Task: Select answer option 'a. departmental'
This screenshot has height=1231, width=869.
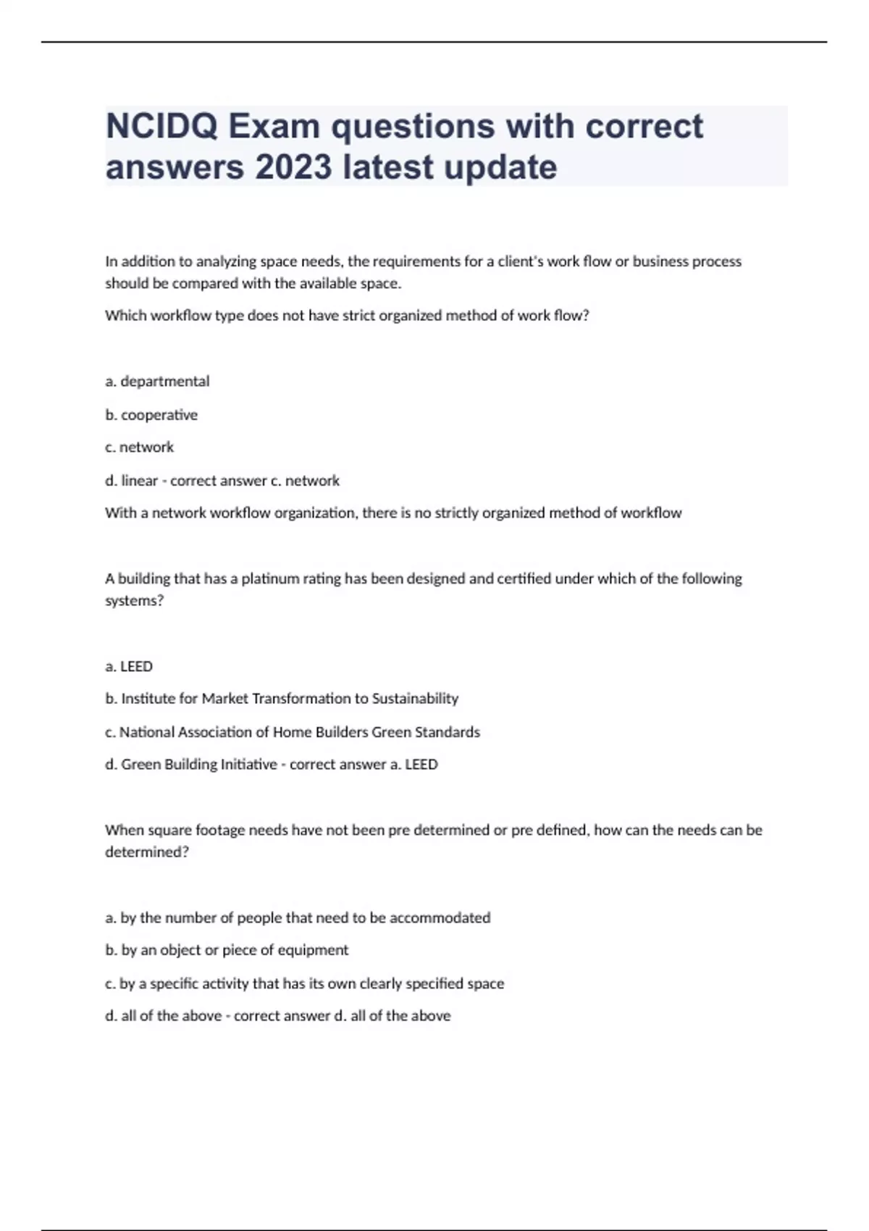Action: (x=157, y=382)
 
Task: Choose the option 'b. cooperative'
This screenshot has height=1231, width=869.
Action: (x=151, y=415)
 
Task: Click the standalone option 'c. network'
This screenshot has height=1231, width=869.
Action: (x=140, y=448)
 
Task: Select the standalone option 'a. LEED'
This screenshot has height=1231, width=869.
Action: (x=129, y=666)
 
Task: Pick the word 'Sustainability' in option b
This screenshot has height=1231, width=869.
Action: (x=415, y=699)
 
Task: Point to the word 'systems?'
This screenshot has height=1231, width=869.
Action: (x=135, y=601)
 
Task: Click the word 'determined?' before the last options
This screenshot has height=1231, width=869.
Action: (x=147, y=852)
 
